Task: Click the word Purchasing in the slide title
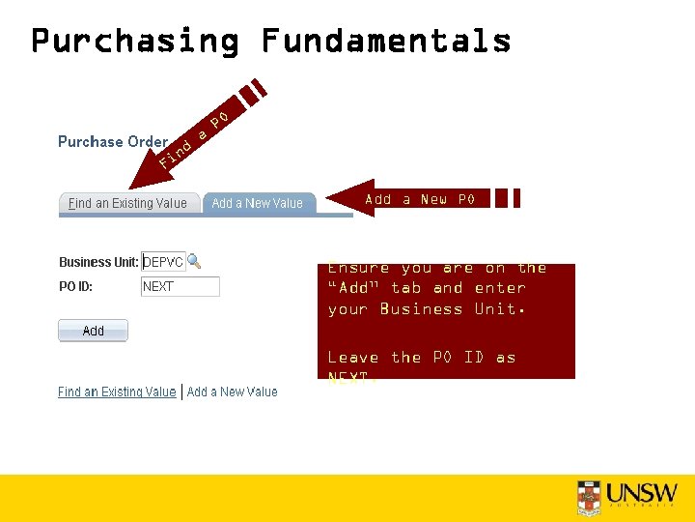pyautogui.click(x=134, y=41)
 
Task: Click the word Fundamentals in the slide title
pyautogui.click(x=385, y=41)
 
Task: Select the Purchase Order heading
pyautogui.click(x=113, y=141)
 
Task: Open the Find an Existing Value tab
pyautogui.click(x=127, y=203)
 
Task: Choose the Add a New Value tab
pyautogui.click(x=257, y=203)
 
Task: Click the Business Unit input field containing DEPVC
pyautogui.click(x=163, y=262)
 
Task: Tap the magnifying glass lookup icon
pyautogui.click(x=194, y=261)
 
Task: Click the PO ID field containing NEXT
pyautogui.click(x=180, y=286)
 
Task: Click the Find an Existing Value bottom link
pyautogui.click(x=117, y=391)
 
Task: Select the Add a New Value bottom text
pyautogui.click(x=232, y=391)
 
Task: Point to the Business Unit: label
pyautogui.click(x=98, y=262)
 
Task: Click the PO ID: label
pyautogui.click(x=75, y=286)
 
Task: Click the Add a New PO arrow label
pyautogui.click(x=419, y=199)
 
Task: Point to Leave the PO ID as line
pyautogui.click(x=421, y=358)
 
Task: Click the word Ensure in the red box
pyautogui.click(x=358, y=269)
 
